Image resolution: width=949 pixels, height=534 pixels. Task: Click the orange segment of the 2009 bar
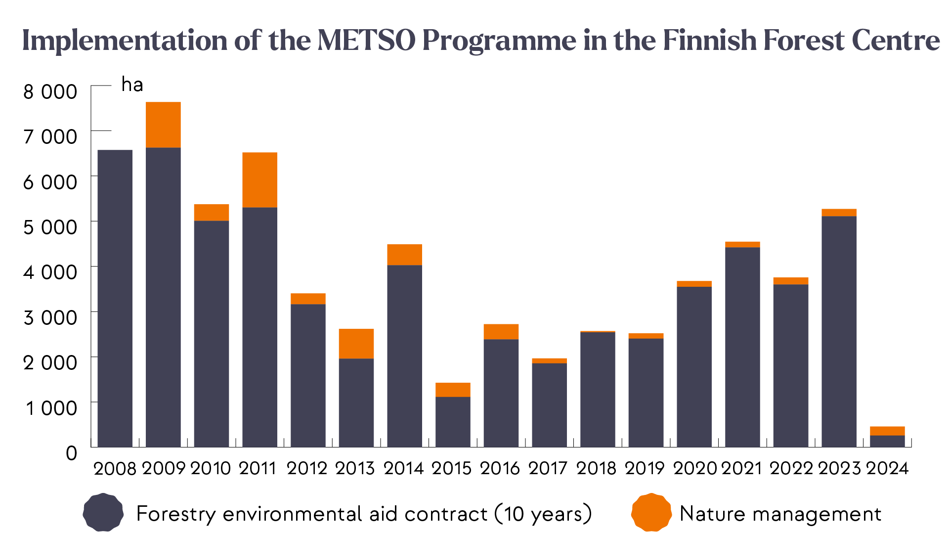click(x=163, y=125)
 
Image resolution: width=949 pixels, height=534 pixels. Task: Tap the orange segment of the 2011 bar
click(x=259, y=179)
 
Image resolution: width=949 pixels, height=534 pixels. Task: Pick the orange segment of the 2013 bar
click(x=356, y=344)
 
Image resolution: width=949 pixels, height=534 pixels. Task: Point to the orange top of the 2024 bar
click(x=887, y=431)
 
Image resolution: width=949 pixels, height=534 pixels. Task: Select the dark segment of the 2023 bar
click(x=839, y=331)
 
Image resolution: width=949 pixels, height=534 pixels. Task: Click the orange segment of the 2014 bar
click(x=404, y=255)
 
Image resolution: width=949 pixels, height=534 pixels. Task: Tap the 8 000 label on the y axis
click(x=50, y=92)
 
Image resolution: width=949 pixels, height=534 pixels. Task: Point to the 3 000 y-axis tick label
click(x=50, y=317)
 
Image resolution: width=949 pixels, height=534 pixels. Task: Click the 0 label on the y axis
click(x=72, y=453)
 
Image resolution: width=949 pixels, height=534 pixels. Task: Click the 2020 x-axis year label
click(x=694, y=468)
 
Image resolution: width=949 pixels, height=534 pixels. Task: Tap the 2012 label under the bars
click(x=307, y=468)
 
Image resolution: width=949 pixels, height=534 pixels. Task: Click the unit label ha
click(x=132, y=85)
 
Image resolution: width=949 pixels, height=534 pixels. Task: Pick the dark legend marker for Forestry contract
click(x=103, y=513)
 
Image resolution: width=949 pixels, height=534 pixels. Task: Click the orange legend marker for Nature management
click(x=651, y=513)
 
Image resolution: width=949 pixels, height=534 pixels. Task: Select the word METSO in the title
click(x=366, y=41)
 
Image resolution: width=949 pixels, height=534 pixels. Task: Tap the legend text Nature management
click(x=780, y=514)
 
